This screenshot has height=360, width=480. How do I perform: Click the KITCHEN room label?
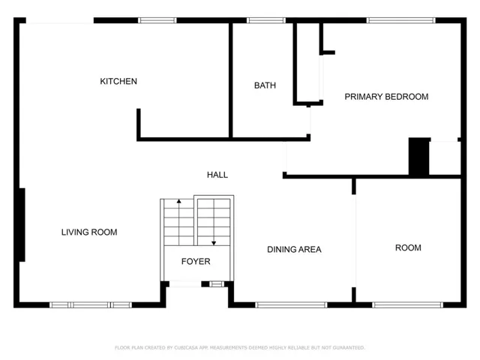[118, 82]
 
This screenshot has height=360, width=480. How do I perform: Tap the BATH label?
[265, 85]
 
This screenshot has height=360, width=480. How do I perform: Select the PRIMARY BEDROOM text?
[386, 97]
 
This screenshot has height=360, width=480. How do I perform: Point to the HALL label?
[217, 175]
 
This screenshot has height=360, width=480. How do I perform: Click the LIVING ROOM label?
[89, 232]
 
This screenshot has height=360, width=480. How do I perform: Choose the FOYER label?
[196, 262]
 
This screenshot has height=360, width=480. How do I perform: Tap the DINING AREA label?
[294, 250]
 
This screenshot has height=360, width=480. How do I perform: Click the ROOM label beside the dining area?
[408, 247]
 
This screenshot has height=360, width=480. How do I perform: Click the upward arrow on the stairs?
[178, 222]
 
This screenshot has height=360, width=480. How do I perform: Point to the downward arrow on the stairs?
[214, 222]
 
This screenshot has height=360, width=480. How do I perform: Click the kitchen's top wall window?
[157, 20]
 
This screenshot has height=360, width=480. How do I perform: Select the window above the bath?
[266, 20]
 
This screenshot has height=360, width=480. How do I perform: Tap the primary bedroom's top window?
[401, 20]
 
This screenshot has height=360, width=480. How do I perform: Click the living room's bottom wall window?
[91, 305]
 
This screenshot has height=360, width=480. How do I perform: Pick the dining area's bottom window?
[291, 305]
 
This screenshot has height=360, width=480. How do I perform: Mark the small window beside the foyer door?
[217, 284]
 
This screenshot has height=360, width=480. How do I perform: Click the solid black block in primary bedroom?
[418, 157]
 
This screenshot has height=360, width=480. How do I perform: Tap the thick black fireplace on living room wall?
[22, 225]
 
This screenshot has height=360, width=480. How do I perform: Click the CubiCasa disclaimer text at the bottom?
[240, 348]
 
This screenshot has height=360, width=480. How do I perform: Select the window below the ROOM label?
[407, 305]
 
